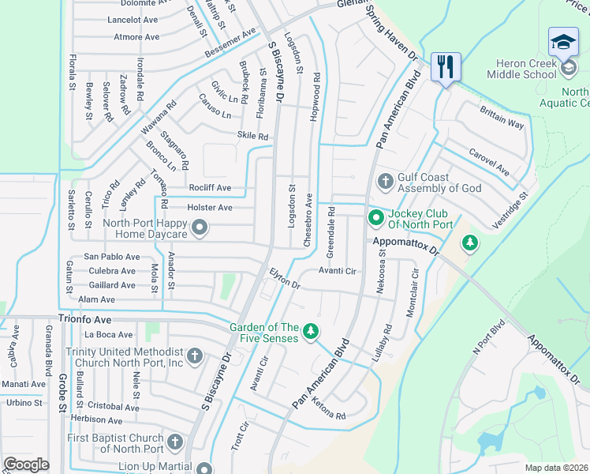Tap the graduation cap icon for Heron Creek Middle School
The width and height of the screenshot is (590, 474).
click(x=563, y=41)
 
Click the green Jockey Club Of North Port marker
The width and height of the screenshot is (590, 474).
click(x=376, y=216)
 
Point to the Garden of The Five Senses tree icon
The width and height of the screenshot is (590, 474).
click(x=312, y=331)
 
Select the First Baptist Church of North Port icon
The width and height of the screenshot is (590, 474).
click(x=175, y=442)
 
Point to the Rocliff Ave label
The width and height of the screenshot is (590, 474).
click(x=209, y=188)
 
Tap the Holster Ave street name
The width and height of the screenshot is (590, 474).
click(x=209, y=208)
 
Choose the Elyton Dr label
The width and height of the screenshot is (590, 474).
click(x=285, y=278)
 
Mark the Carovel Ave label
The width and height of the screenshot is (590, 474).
click(x=489, y=160)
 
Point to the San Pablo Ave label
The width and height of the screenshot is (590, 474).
click(x=112, y=257)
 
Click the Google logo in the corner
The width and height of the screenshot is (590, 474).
click(x=26, y=465)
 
